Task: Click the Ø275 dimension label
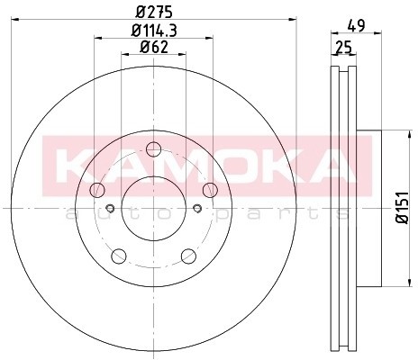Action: (154, 13)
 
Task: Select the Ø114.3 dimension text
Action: (154, 31)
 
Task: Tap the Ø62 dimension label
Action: (154, 47)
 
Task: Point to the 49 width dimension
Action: (356, 26)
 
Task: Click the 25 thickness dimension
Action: (343, 48)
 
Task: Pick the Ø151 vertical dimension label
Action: (403, 207)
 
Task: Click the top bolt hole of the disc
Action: (154, 149)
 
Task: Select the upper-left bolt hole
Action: (97, 190)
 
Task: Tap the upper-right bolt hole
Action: (210, 190)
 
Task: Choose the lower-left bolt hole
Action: (119, 256)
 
